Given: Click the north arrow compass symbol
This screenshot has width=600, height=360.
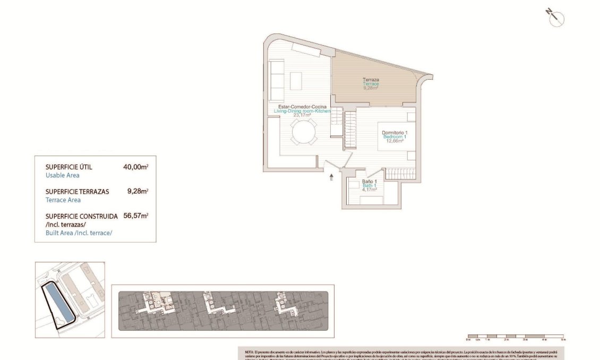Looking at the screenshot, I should pos(556,18).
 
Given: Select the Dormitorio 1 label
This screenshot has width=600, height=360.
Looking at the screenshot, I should pos(394,132).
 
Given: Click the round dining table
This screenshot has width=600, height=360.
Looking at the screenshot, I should pos(303,132).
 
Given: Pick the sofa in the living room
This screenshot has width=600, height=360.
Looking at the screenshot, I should pos(277,78).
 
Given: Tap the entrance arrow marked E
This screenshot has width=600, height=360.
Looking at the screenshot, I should pos(331,177).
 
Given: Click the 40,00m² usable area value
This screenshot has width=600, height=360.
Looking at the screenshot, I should pos(135,167).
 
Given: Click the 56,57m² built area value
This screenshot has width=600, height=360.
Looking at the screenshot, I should pos(135,216).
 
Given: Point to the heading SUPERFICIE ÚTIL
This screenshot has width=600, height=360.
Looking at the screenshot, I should pos(69,167).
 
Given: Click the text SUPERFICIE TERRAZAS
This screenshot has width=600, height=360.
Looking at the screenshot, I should pos(78,191).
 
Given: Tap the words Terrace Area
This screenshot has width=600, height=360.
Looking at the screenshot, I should pos(63,200).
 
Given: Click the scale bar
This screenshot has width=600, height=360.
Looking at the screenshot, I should pos(515,337).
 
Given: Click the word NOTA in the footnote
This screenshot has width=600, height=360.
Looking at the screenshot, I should pos(249,352).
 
